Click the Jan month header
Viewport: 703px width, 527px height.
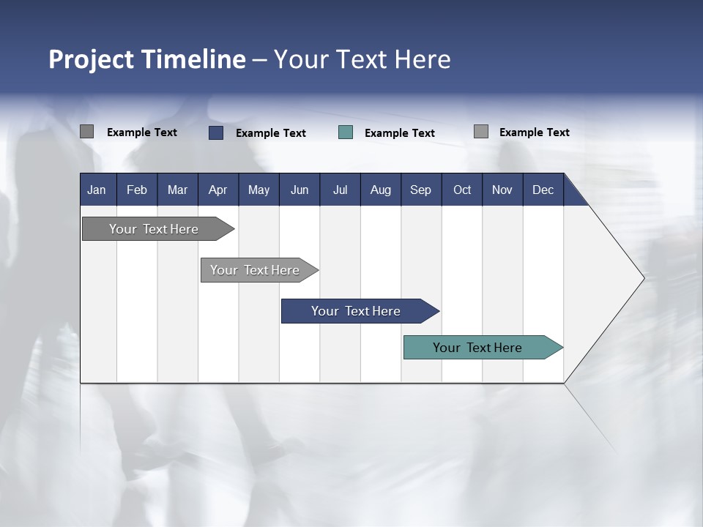[97, 190]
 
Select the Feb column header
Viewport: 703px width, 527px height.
[137, 190]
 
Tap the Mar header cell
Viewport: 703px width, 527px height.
[177, 190]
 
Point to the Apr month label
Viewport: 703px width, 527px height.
[218, 190]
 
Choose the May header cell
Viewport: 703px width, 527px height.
[258, 190]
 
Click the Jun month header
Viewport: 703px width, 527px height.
[300, 190]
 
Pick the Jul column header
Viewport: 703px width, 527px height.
[340, 190]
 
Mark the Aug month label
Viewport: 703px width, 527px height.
[381, 190]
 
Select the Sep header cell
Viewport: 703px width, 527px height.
[421, 190]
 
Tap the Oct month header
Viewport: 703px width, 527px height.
[462, 190]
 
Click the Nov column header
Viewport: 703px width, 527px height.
[502, 190]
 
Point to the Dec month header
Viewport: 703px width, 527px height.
[543, 190]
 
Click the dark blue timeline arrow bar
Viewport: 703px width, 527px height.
[356, 311]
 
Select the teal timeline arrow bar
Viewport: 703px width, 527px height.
[477, 348]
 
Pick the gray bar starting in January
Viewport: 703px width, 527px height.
[154, 229]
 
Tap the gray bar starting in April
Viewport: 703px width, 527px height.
[255, 270]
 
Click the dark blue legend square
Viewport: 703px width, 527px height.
[216, 132]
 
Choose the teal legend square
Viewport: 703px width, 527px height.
[346, 132]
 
